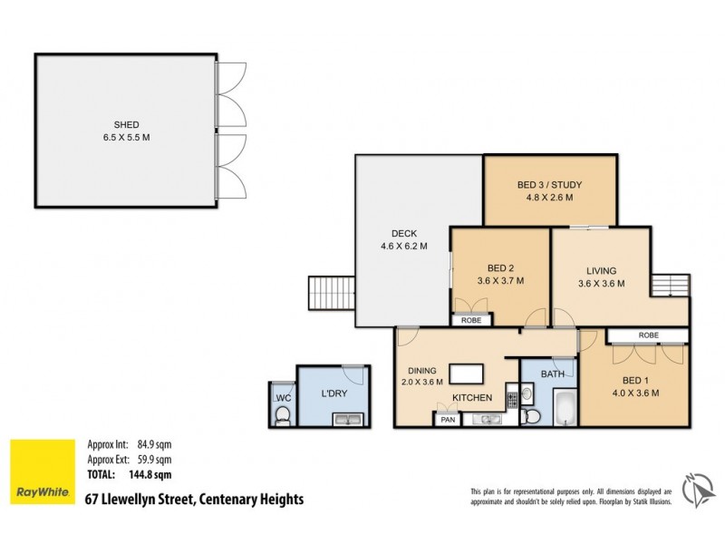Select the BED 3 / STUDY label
coord(549,185)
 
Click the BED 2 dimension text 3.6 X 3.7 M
coord(500,280)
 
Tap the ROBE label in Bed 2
coord(471,320)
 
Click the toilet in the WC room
coord(282,415)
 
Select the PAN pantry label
coord(447,420)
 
